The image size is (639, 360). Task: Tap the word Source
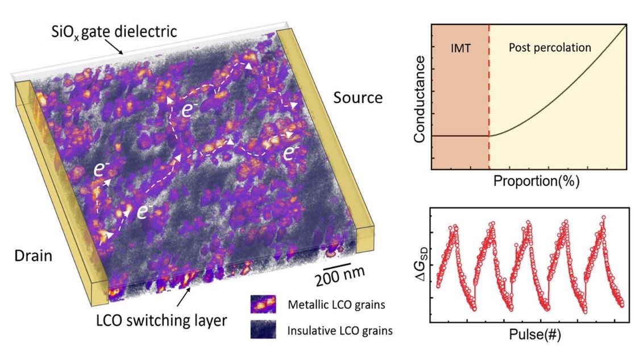click(358, 98)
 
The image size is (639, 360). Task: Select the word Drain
click(33, 256)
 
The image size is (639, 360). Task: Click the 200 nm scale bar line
click(339, 264)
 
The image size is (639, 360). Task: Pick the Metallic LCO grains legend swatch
click(262, 304)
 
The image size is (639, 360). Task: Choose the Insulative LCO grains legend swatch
click(262, 329)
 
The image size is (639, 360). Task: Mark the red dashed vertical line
click(489, 97)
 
